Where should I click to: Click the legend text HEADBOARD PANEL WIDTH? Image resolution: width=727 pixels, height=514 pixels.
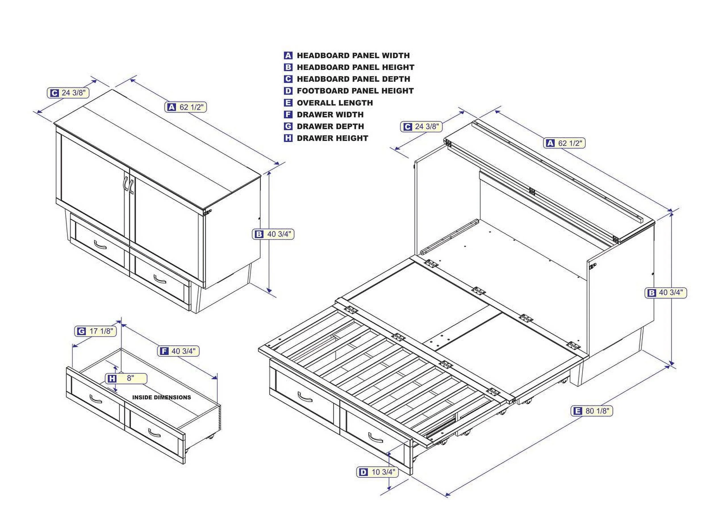pyautogui.click(x=353, y=55)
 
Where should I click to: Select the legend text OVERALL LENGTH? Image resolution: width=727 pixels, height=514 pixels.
pyautogui.click(x=335, y=103)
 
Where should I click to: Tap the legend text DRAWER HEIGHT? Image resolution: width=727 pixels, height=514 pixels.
pyautogui.click(x=332, y=138)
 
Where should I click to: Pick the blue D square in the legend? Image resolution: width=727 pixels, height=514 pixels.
pyautogui.click(x=288, y=91)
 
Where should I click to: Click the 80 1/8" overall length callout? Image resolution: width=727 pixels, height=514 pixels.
pyautogui.click(x=592, y=411)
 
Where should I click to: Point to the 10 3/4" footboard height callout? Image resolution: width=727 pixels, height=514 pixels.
pyautogui.click(x=377, y=472)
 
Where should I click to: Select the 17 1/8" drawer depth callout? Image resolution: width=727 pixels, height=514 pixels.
pyautogui.click(x=96, y=332)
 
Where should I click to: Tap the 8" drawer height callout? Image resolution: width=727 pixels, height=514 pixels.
pyautogui.click(x=126, y=378)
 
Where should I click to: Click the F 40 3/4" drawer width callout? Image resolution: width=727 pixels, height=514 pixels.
pyautogui.click(x=179, y=351)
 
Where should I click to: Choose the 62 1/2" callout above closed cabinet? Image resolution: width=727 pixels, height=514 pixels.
pyautogui.click(x=186, y=107)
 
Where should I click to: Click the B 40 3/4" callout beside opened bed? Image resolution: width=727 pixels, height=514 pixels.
pyautogui.click(x=666, y=292)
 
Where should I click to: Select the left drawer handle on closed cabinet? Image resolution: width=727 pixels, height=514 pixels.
pyautogui.click(x=100, y=245)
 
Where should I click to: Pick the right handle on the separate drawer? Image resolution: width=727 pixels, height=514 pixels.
pyautogui.click(x=154, y=433)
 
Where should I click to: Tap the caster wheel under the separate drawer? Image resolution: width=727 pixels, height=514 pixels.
pyautogui.click(x=210, y=437)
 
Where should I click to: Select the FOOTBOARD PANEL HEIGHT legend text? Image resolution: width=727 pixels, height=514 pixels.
pyautogui.click(x=355, y=91)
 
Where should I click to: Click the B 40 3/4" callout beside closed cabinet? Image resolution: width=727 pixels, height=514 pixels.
pyautogui.click(x=273, y=234)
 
